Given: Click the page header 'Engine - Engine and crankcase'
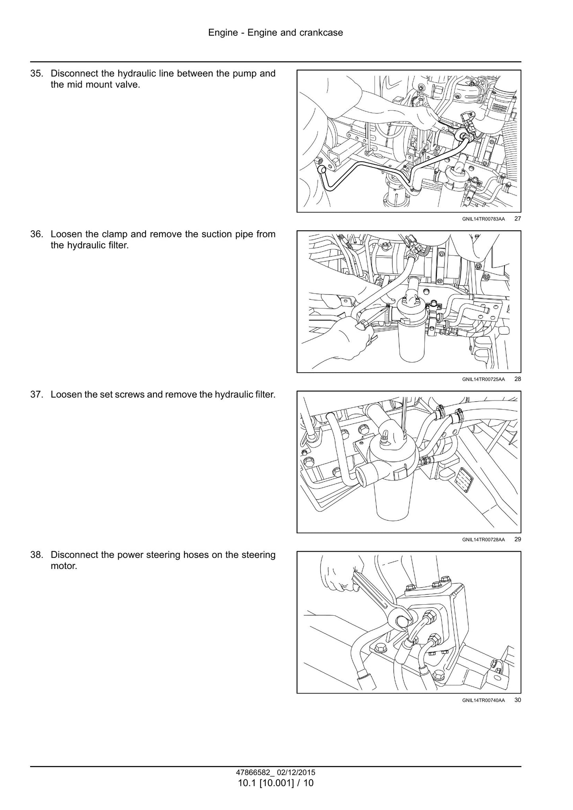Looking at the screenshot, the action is [276, 33].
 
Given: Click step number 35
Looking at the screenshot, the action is [37, 73].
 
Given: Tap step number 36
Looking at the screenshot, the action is [37, 234].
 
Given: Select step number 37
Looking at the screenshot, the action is [37, 394].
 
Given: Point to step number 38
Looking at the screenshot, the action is [37, 555].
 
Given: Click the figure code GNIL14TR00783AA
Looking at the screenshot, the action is [483, 219].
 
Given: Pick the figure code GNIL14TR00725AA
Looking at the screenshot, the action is [483, 379].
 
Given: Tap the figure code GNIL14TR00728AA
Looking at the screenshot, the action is [483, 540].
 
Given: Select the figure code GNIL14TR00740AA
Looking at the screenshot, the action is [483, 700].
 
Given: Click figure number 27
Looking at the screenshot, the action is [517, 219].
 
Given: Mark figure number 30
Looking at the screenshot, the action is [517, 700].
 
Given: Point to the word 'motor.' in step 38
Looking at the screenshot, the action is [64, 566].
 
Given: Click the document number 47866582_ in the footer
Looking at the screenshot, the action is [253, 772].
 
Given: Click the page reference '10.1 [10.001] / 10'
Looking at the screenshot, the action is [276, 783].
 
